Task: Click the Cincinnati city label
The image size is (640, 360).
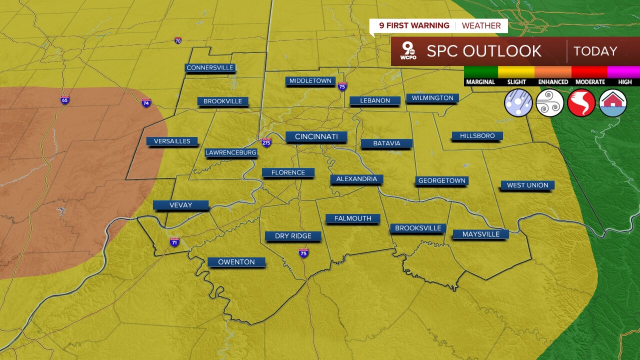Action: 316,136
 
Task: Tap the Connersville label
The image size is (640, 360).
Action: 210,67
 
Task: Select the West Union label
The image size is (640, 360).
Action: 527,185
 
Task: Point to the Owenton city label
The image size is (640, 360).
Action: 236,261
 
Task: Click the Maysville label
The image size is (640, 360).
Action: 480,234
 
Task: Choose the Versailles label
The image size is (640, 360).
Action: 172,141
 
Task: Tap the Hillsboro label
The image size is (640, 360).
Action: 477,135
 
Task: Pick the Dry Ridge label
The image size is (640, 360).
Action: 293,235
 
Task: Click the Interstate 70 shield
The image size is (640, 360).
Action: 178,40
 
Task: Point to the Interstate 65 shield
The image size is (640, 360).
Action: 64,100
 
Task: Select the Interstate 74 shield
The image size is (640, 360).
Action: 146,103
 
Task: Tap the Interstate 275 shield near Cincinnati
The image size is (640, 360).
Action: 266,142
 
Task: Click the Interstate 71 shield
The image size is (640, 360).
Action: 174,242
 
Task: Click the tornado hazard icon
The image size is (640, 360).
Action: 581,103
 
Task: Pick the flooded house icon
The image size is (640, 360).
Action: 613,103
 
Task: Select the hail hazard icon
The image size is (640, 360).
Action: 518,103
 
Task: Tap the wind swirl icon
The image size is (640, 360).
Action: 550,103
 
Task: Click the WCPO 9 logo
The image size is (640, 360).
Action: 408,51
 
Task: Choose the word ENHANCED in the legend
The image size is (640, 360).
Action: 553,82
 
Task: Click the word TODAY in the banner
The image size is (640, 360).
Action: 595,51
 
